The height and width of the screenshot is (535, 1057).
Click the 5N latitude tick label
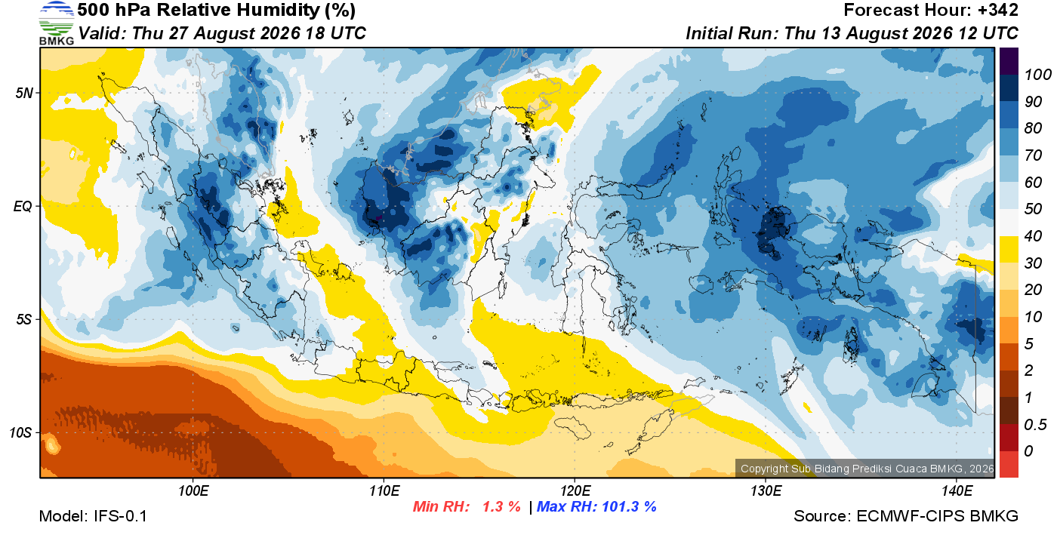24,93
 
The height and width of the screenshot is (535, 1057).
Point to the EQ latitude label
23,206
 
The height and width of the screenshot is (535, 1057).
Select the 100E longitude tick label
193,491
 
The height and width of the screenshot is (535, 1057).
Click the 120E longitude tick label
575,491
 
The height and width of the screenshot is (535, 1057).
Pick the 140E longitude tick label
957,491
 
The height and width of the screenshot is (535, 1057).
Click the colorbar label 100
1037,75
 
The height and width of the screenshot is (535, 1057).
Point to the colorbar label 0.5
1034,425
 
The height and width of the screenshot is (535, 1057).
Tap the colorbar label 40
1033,236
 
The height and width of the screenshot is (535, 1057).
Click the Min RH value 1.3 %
501,506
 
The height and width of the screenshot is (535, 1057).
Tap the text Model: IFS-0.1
93,516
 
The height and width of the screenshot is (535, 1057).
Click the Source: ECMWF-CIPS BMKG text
906,516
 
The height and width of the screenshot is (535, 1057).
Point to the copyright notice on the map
867,469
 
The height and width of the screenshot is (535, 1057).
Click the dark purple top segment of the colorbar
1009,61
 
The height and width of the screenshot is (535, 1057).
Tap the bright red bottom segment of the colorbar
1009,464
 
